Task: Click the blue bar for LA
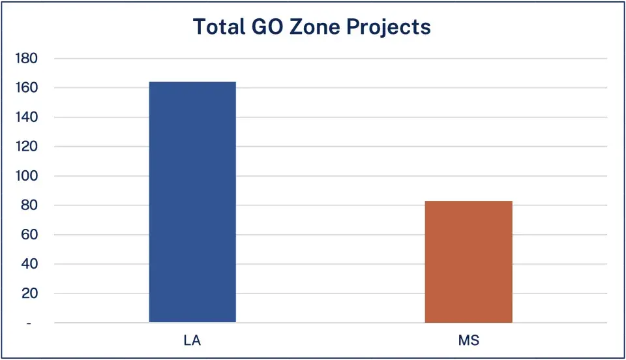point(192,202)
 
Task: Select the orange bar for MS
point(468,262)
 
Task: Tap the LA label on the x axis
point(192,340)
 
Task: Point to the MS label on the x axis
point(468,340)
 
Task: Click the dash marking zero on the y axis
point(28,323)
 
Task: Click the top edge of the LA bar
point(192,82)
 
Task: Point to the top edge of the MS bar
point(468,202)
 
